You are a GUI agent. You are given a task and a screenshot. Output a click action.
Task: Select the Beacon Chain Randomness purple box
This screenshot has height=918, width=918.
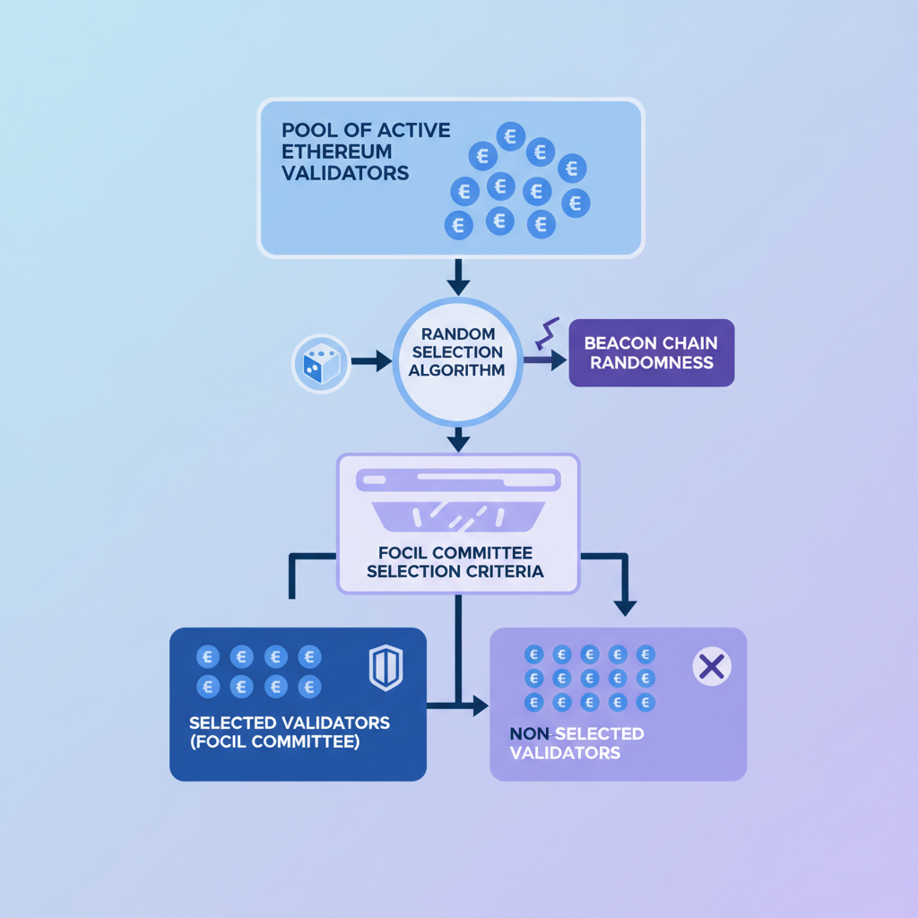point(652,353)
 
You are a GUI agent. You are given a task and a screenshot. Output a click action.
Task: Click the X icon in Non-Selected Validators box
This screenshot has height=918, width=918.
point(712,666)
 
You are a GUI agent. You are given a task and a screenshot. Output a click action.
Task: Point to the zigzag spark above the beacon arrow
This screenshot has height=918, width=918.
point(547,333)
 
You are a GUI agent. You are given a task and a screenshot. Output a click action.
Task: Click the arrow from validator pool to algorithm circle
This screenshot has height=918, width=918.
point(458,278)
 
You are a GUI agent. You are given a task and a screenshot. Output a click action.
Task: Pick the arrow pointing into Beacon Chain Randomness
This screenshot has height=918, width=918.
point(545,360)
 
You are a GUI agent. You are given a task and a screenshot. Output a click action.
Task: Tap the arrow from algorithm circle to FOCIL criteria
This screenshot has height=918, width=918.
point(458,438)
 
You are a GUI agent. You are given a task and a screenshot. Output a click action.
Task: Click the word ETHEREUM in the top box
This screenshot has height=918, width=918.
point(337,151)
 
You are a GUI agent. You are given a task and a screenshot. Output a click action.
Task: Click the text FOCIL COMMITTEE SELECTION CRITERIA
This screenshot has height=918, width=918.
point(457,561)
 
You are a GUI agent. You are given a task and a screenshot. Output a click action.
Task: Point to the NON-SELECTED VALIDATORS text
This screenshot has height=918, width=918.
point(576,742)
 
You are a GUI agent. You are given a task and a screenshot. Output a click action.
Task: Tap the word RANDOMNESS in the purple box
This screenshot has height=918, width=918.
point(652,363)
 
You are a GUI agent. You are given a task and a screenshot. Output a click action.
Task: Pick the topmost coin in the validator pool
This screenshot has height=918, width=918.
point(511,137)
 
